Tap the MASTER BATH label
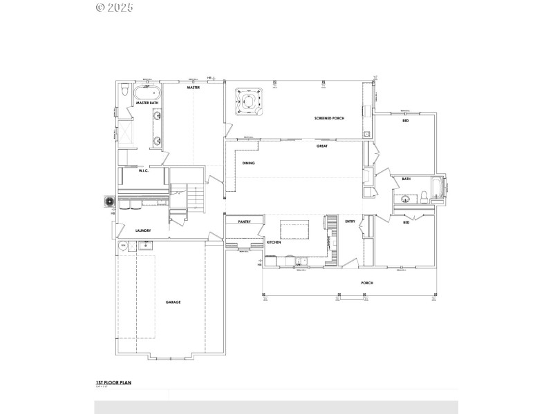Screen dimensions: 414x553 (147, 103)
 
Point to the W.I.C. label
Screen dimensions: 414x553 (144, 170)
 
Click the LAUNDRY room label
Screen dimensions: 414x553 (143, 230)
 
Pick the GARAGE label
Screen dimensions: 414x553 (173, 302)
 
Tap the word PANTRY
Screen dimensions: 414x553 (243, 221)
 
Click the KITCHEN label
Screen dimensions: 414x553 (274, 243)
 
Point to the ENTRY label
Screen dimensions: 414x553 (350, 221)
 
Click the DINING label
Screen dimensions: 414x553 (248, 163)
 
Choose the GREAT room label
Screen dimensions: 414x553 (321, 146)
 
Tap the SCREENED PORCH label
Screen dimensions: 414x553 (330, 119)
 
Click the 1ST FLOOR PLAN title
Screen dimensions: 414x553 (113, 382)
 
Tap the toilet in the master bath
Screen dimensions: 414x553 (123, 90)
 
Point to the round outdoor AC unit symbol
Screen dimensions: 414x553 (109, 201)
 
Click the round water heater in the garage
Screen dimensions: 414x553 (124, 245)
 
